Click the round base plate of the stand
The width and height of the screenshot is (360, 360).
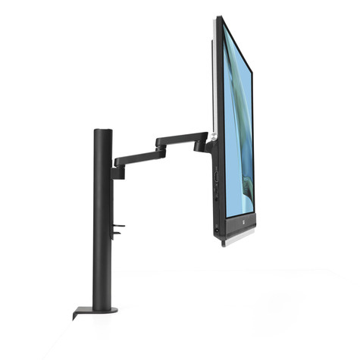(x=98, y=309)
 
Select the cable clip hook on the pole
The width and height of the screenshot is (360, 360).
(x=117, y=229)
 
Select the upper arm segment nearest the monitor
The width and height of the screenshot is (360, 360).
(x=182, y=138)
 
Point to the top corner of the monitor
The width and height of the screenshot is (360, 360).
(x=218, y=18)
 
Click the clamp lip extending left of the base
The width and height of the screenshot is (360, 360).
(x=77, y=313)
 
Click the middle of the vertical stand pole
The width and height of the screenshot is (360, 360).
(x=102, y=220)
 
